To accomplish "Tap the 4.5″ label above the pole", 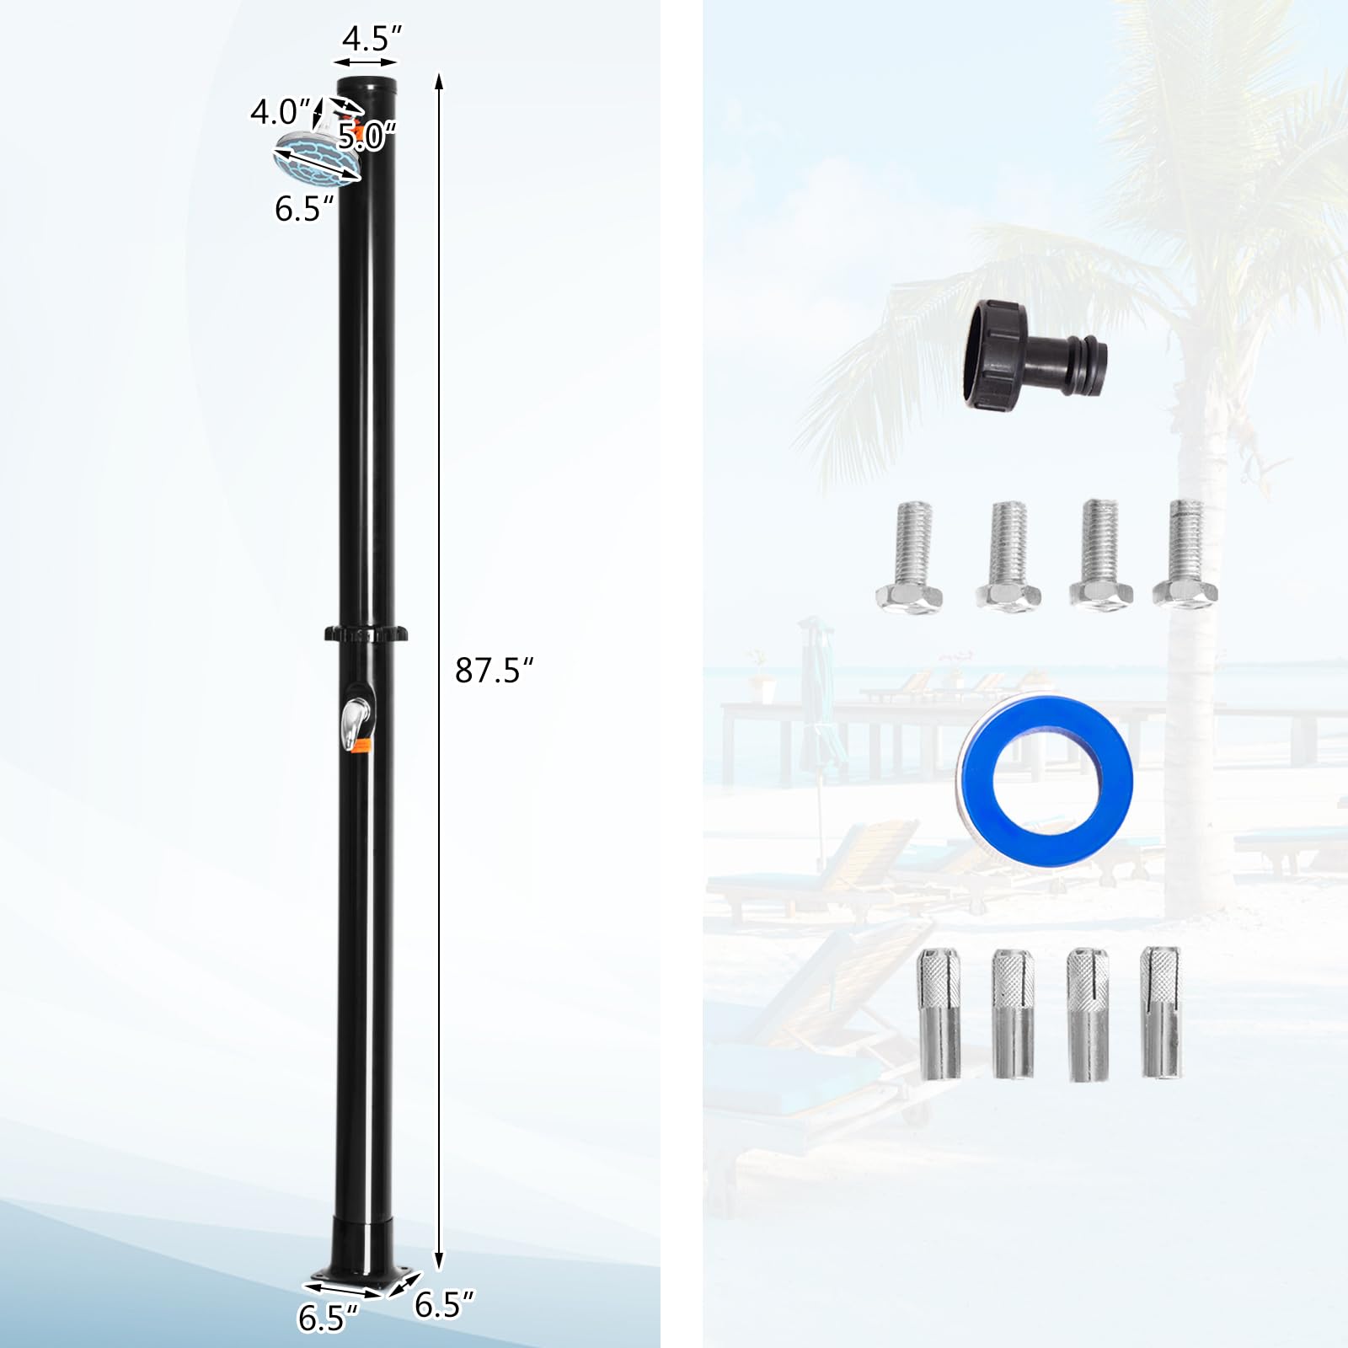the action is point(371,38).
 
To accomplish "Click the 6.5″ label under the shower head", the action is point(304,207).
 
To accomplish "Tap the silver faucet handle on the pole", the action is point(354,721).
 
